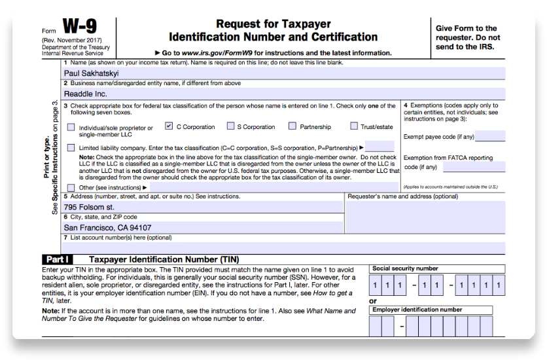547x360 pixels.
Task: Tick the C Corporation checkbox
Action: (x=169, y=126)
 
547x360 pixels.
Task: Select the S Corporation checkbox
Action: (x=230, y=126)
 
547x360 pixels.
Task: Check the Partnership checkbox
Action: (x=292, y=126)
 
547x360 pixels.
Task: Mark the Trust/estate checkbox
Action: (x=354, y=126)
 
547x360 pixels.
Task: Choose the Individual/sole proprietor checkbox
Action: (x=71, y=128)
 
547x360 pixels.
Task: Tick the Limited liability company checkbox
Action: (x=71, y=147)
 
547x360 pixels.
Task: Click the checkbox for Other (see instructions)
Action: (x=71, y=187)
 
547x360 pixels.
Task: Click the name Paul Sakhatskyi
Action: (x=91, y=74)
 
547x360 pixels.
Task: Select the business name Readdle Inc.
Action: (x=85, y=94)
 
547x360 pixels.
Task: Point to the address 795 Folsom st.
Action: (x=88, y=207)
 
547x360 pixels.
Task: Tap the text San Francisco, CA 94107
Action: (x=107, y=228)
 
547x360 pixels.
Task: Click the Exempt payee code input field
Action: (x=490, y=137)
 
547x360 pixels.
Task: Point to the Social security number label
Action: (x=405, y=268)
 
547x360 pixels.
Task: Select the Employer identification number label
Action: (x=417, y=310)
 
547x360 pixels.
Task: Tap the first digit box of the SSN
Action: (x=376, y=285)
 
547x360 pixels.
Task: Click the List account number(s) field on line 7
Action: (x=281, y=247)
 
